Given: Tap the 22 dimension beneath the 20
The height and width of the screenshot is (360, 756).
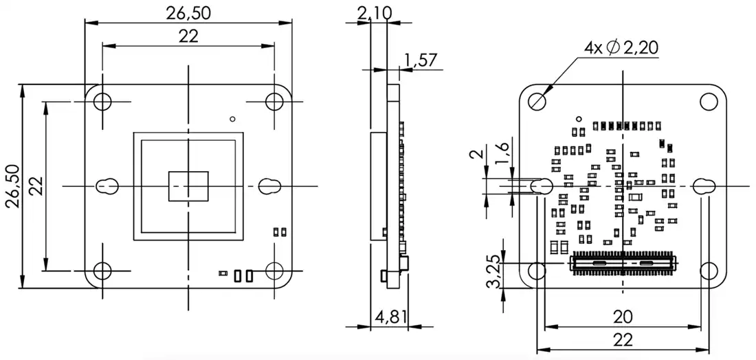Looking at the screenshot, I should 623,339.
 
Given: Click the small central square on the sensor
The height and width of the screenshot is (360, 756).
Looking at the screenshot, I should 188,185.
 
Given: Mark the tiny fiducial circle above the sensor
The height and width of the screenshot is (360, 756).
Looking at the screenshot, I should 232,117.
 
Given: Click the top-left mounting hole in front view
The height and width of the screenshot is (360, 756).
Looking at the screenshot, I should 102,101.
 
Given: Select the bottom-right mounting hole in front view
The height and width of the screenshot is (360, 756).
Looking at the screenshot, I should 274,271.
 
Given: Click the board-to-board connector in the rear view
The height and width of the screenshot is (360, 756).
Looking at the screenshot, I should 623,263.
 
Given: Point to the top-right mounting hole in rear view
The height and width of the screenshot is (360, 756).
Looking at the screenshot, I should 708,101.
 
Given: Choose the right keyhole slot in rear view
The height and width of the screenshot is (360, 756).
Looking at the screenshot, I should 704,185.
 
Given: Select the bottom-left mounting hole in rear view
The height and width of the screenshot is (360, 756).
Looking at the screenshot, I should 537,271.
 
